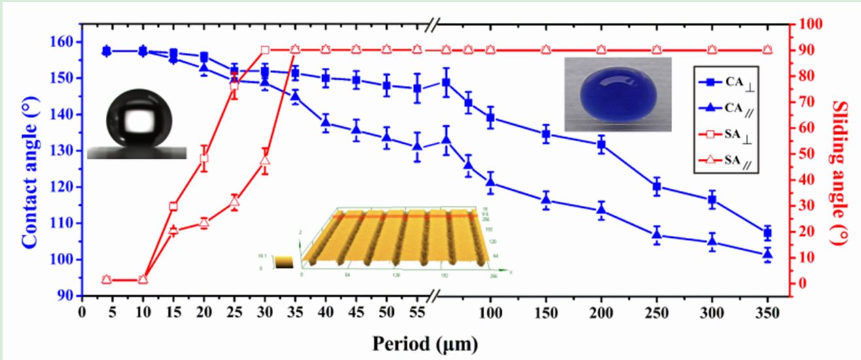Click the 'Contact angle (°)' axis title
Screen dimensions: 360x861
tap(29, 159)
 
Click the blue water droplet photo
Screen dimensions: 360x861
tap(617, 94)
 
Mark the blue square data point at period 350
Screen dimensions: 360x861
tap(768, 233)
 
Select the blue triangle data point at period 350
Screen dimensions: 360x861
tap(768, 254)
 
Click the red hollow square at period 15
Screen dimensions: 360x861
tap(173, 206)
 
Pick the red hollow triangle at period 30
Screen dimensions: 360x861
tap(265, 161)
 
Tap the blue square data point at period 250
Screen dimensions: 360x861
tap(657, 187)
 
